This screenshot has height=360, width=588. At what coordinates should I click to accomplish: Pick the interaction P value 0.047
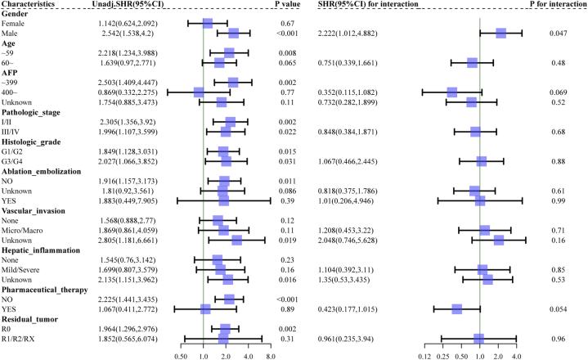(559, 33)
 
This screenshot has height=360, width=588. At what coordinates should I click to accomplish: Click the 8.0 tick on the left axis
(270, 357)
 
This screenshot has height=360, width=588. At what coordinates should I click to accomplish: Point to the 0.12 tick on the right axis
(424, 357)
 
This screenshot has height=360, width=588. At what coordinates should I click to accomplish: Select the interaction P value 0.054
(559, 308)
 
